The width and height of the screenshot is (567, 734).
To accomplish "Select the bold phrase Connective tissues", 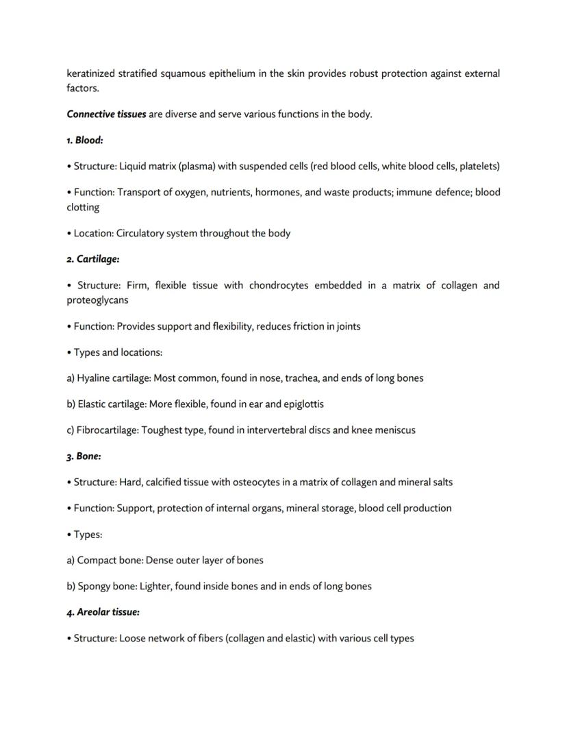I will click(106, 114).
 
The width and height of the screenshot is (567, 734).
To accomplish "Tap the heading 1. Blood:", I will click(85, 140).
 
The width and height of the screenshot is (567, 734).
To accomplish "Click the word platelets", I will click(479, 167).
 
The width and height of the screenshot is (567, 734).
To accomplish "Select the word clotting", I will click(83, 208).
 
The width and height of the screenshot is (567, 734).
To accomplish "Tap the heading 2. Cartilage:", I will click(93, 260).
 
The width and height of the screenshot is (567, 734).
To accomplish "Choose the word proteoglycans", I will click(97, 300).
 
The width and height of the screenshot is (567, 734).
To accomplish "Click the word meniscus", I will click(394, 430).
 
